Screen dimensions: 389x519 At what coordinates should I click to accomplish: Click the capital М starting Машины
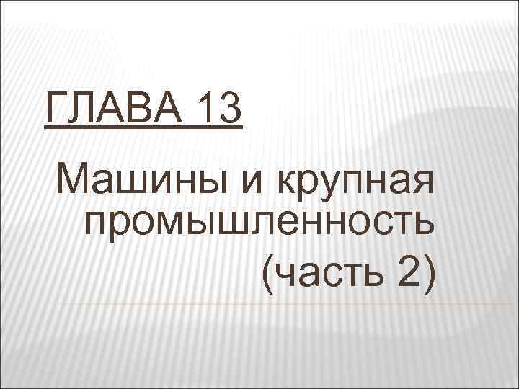point(77,179)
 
